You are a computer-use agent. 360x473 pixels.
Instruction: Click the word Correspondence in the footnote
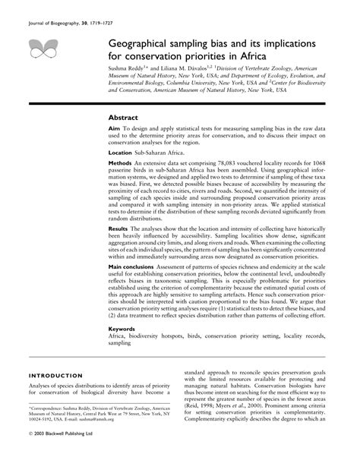52,429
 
